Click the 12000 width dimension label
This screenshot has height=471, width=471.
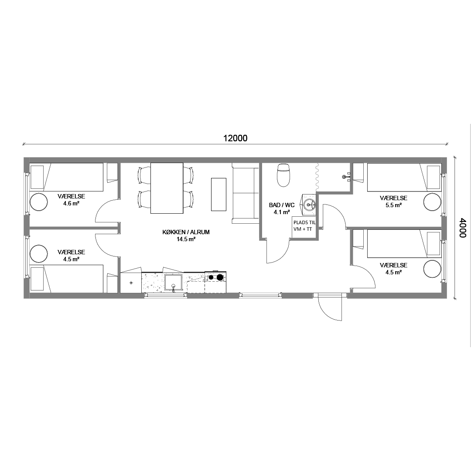[235, 138]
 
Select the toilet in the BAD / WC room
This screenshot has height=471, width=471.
[283, 175]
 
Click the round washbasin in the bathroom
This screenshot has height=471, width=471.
[309, 205]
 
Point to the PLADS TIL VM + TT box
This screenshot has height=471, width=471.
[304, 226]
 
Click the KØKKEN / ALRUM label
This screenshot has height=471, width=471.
[186, 232]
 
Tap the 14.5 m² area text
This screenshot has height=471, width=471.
[186, 239]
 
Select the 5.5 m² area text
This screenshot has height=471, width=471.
[393, 205]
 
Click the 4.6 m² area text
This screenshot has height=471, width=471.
[71, 203]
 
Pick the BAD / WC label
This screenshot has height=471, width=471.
[282, 205]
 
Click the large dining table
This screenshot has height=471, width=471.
[167, 188]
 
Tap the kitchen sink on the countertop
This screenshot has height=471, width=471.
[173, 283]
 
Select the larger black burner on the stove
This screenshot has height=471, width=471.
[220, 277]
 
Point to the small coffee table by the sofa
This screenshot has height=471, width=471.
[218, 195]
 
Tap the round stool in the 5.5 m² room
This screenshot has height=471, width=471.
[432, 202]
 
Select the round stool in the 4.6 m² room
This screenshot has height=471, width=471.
[38, 202]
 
